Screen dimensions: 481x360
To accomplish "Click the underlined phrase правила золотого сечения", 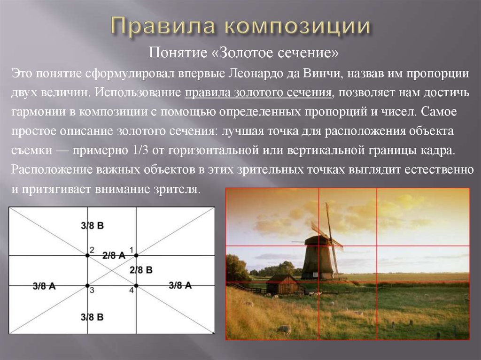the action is (x=258, y=93).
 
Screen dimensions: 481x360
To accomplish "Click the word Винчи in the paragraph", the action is (x=322, y=74).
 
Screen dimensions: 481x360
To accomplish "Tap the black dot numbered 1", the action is (x=136, y=255).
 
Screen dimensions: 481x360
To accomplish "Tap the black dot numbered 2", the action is (x=87, y=255).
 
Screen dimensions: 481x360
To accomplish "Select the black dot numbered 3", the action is (x=87, y=285).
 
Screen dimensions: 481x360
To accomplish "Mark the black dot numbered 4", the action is (x=136, y=285).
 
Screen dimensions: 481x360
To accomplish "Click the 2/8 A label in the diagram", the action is (x=114, y=255).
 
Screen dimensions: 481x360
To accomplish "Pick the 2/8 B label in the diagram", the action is (x=141, y=270).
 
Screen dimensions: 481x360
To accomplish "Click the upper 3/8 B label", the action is (x=93, y=226).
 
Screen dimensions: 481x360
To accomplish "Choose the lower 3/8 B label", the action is (x=92, y=317).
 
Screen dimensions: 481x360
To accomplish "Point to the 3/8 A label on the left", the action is (x=44, y=286).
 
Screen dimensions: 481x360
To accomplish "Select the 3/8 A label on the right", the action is (x=180, y=285).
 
